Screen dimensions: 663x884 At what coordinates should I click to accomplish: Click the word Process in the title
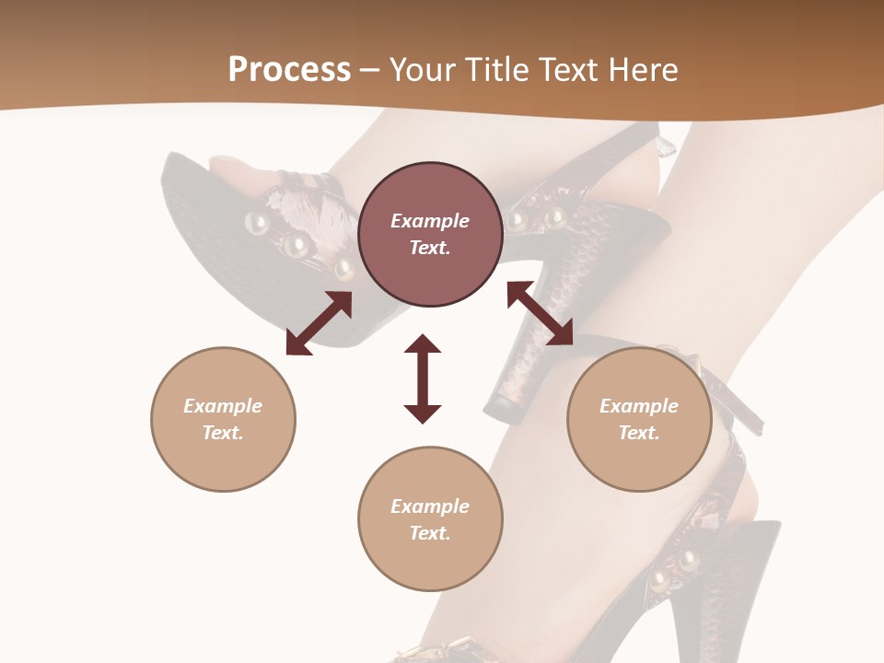[289, 70]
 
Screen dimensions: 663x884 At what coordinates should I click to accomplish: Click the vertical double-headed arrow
[423, 378]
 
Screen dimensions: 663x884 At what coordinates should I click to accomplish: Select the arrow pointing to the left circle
[319, 323]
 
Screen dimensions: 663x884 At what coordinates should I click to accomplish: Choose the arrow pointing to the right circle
[540, 313]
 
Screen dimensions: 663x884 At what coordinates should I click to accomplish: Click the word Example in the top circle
[430, 221]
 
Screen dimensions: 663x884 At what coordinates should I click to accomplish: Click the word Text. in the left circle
[223, 433]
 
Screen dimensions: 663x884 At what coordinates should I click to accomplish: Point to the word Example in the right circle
[639, 406]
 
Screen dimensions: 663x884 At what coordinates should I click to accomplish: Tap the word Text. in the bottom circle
[430, 533]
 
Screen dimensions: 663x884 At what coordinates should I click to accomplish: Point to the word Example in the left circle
[223, 406]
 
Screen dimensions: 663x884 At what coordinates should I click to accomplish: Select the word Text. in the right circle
[639, 433]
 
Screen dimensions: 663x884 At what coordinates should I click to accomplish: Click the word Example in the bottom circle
[430, 506]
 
